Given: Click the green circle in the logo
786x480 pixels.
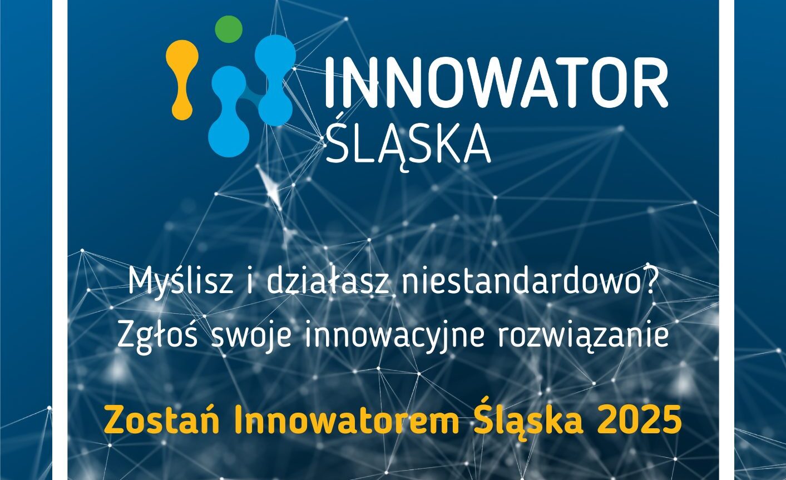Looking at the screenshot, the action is coord(229,29).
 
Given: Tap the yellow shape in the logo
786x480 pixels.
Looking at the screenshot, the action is coord(182,80).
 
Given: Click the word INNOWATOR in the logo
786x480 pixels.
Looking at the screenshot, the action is coord(496,83).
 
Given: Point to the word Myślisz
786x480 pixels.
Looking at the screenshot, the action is coord(181,282).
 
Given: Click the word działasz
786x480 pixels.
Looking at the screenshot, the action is coord(329,282).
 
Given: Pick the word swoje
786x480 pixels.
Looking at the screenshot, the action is coord(251,337).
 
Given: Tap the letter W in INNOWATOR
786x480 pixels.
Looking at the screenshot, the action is coord(481,83).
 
